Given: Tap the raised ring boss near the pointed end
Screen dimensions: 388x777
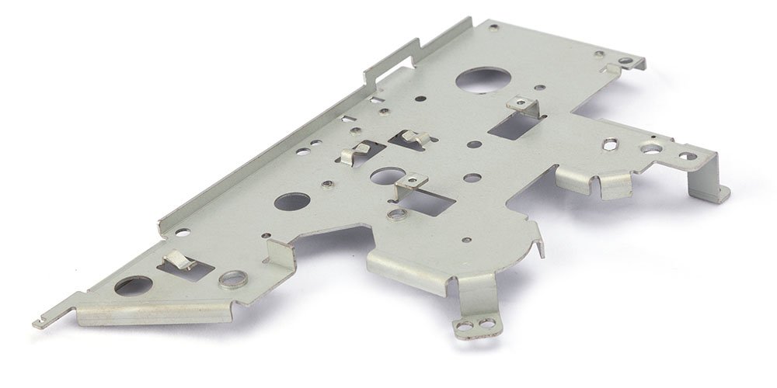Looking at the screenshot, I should point(231,279).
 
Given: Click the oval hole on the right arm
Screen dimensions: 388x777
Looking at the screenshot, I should point(611,143).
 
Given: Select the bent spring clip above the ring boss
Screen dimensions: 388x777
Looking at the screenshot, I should point(180,260).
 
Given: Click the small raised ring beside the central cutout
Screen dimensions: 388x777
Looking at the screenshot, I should point(398,213).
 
